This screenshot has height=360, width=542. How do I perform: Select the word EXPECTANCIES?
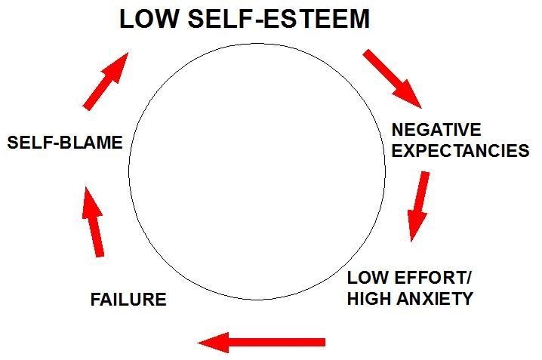[460, 150]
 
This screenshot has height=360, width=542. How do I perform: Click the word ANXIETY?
[438, 298]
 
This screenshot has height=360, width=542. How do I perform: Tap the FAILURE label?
[128, 299]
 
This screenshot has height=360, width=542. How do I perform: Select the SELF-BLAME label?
[65, 142]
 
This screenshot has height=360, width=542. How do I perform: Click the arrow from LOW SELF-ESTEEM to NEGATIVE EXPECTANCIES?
[392, 78]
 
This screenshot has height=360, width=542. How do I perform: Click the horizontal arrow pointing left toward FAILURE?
[261, 343]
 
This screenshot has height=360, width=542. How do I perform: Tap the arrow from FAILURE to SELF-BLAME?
[95, 222]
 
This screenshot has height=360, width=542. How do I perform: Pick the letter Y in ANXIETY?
[467, 298]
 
